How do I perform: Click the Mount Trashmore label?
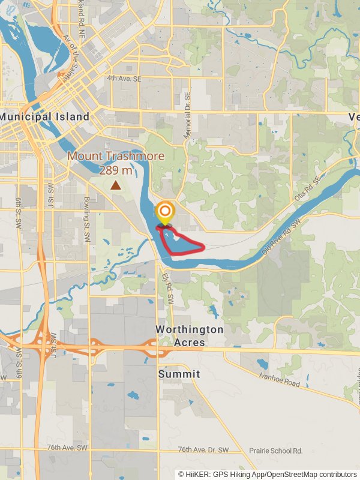116,156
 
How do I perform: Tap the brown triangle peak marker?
115,186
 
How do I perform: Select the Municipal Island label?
44,116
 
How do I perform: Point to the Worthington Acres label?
189,336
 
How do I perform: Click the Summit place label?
179,374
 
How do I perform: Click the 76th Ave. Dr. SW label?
203,450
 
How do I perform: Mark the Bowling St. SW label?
86,210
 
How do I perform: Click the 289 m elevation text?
116,170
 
